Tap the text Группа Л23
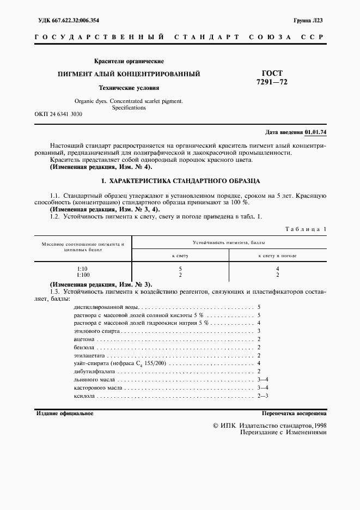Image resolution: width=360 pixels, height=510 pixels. [x=308, y=20]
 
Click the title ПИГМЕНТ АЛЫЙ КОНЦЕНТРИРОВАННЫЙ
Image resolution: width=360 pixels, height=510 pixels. [x=129, y=74]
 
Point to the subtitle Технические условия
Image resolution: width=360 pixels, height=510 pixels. [x=129, y=87]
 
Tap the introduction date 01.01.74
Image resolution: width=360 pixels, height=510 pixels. [x=315, y=132]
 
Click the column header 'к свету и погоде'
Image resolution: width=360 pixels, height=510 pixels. [x=277, y=255]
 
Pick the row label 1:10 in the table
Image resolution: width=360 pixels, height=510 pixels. [x=82, y=269]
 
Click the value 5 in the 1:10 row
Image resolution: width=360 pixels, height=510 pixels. [x=180, y=269]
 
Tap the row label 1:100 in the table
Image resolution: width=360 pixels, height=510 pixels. [x=82, y=275]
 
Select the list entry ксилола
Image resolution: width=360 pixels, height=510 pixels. [x=83, y=395]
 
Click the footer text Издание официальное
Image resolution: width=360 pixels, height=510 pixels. [x=64, y=414]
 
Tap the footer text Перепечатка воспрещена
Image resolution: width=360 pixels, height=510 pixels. [x=294, y=414]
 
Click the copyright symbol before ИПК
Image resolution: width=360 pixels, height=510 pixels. [x=216, y=425]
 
